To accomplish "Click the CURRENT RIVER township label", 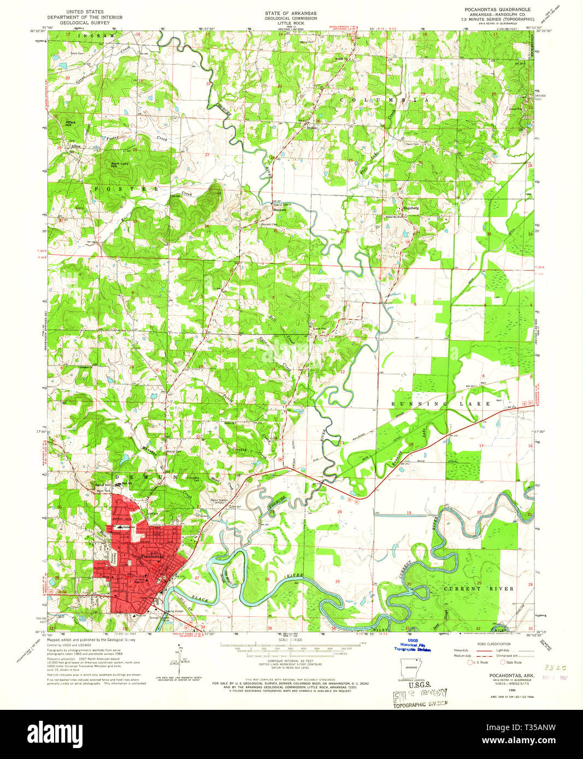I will [479, 589].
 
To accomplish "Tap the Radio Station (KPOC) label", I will [220, 501].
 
